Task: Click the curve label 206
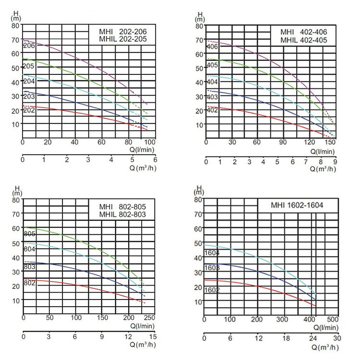pyautogui.click(x=28, y=45)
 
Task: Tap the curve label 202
pyautogui.click(x=28, y=110)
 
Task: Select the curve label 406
pyautogui.click(x=212, y=47)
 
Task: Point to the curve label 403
pyautogui.click(x=212, y=97)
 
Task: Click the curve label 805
pyautogui.click(x=29, y=234)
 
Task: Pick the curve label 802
pyautogui.click(x=29, y=284)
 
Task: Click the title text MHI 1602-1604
pyautogui.click(x=298, y=205)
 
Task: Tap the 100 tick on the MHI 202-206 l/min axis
pyautogui.click(x=149, y=142)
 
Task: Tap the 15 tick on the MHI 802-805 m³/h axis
pyautogui.click(x=152, y=336)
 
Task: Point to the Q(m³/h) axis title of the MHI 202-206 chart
pyautogui.click(x=144, y=168)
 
